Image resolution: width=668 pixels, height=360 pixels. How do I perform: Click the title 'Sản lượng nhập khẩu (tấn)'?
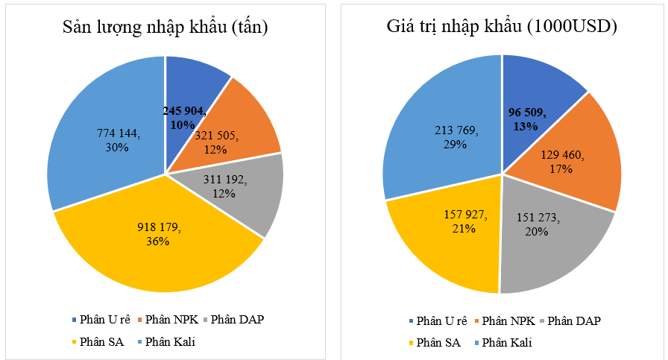point(165,28)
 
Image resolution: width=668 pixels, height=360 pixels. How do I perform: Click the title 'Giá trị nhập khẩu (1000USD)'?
point(502,28)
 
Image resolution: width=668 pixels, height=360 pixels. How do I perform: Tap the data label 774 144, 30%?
point(117,139)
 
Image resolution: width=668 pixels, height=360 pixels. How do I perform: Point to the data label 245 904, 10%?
point(184,117)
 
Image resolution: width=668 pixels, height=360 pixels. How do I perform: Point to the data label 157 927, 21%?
point(462,221)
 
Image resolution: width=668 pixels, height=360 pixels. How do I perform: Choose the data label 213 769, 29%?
point(452,138)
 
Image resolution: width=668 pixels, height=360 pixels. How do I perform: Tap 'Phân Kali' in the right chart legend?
point(506,342)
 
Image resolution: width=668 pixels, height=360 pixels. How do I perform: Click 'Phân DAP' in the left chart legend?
point(237,320)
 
